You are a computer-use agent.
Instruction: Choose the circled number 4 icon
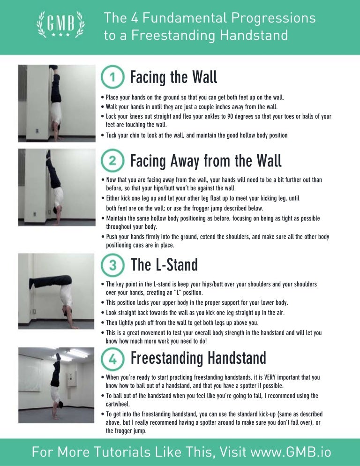112,359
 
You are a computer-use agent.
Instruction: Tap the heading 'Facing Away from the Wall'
206,161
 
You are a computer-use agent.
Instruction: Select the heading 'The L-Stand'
165,265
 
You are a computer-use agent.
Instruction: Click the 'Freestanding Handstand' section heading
198,359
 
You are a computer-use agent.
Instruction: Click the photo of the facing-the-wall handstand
56,103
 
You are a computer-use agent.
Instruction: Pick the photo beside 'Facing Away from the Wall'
56,188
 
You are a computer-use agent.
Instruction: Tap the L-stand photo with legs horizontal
56,291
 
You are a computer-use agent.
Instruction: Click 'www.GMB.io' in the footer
291,452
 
